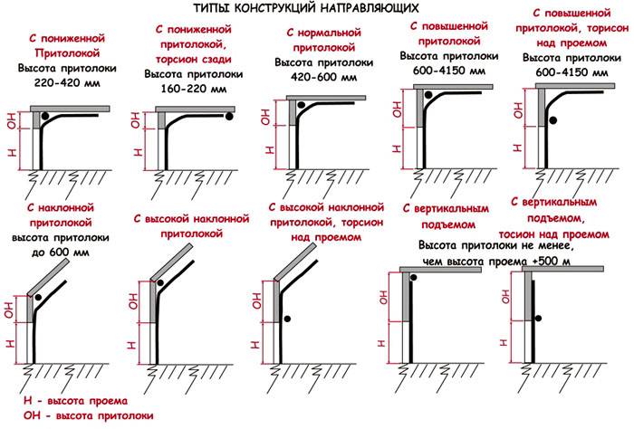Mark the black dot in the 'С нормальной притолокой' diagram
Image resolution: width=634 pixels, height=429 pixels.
click(x=302, y=104)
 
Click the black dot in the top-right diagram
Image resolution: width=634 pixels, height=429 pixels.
click(x=552, y=119)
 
